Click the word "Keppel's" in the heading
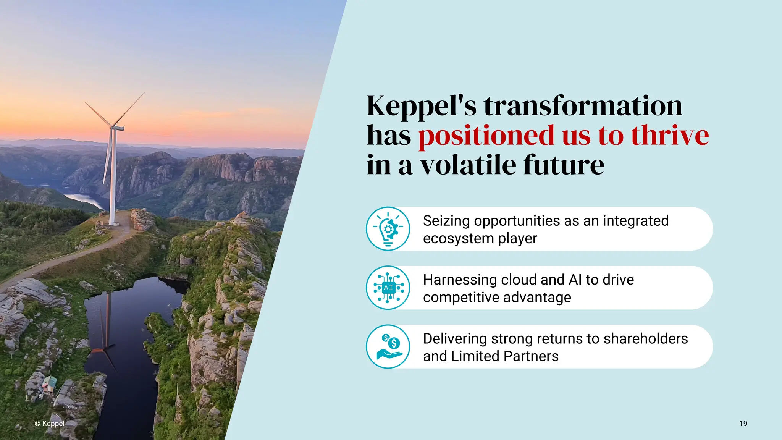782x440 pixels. click(x=422, y=106)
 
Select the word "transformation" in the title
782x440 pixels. click(x=583, y=106)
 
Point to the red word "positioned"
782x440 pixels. click(x=486, y=136)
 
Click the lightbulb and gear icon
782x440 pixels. click(x=388, y=229)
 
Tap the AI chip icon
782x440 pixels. click(x=388, y=288)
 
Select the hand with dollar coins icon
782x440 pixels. click(x=388, y=347)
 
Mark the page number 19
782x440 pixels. click(x=743, y=424)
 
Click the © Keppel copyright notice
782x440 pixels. click(x=50, y=424)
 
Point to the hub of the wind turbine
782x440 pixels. click(x=113, y=126)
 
